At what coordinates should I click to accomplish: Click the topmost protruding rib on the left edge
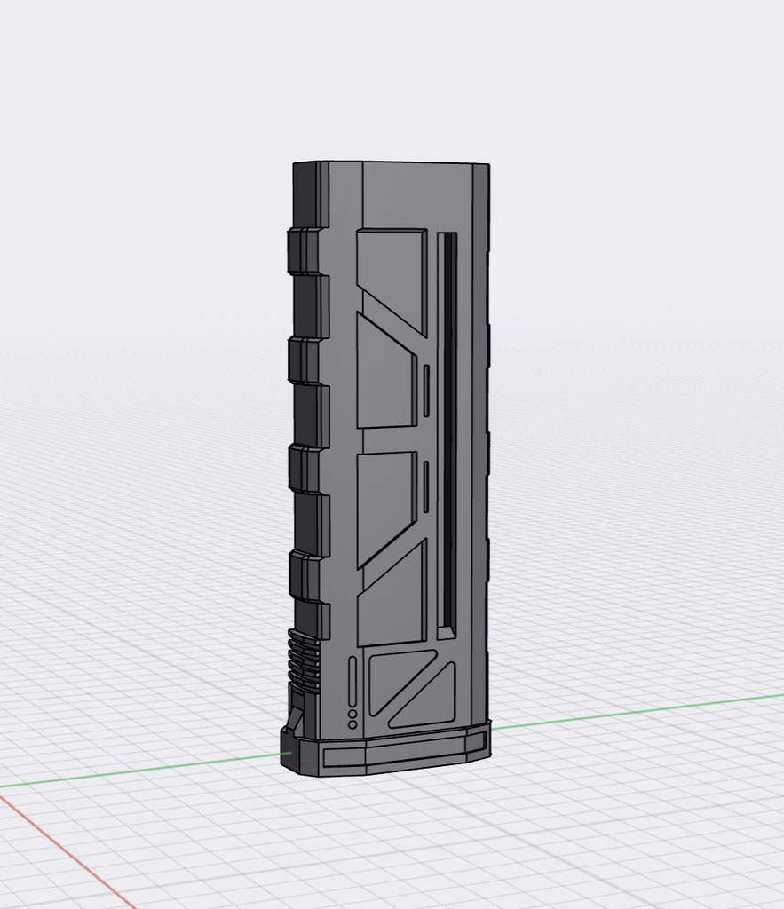(302, 251)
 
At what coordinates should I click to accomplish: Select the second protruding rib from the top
(302, 361)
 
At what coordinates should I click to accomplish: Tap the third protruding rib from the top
(302, 469)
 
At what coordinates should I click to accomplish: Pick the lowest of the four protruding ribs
(302, 575)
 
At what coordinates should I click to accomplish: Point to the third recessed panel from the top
(384, 502)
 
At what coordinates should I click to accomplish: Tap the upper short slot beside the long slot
(426, 391)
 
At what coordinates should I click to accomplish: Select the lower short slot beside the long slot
(426, 487)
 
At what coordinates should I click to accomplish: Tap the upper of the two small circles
(352, 714)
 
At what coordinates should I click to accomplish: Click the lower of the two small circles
(352, 725)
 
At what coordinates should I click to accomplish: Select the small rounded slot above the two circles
(352, 681)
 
